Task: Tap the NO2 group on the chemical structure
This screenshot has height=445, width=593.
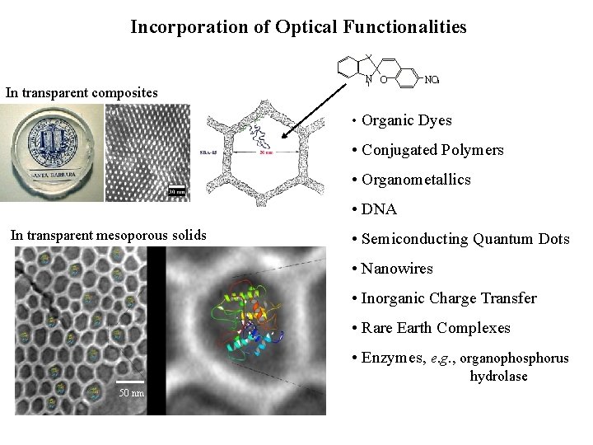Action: (431, 81)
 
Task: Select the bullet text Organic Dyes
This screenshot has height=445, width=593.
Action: (406, 120)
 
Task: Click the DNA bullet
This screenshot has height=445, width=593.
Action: (379, 209)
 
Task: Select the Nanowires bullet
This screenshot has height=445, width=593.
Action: (396, 269)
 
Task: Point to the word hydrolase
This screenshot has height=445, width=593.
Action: (498, 377)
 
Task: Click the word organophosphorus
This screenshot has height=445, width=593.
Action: (514, 358)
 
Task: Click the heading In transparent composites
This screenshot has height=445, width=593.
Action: (82, 92)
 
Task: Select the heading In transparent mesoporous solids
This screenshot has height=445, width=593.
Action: (108, 236)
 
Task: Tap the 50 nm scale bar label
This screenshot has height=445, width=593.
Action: (130, 392)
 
